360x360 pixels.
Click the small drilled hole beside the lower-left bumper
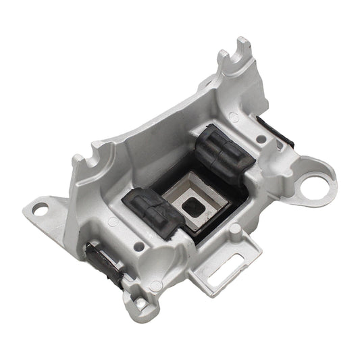(x=138, y=245)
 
